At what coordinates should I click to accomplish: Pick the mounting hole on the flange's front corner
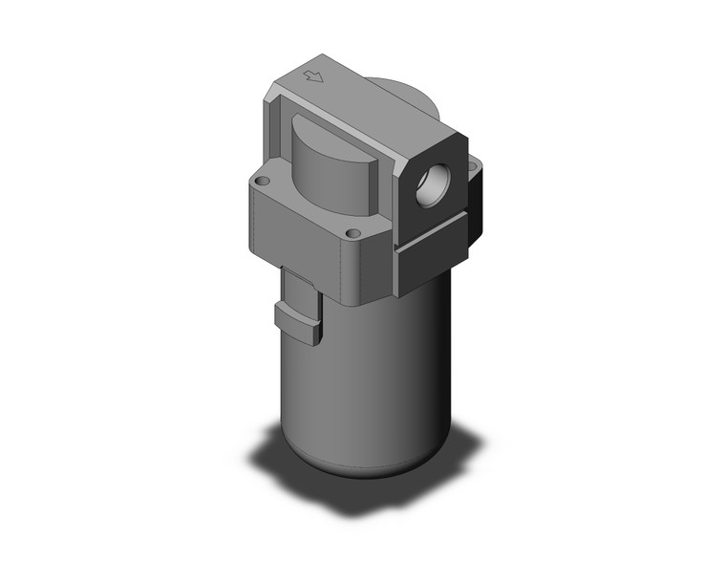coord(353,233)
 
